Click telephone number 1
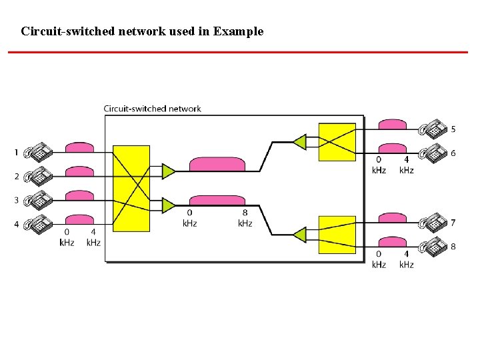pyautogui.click(x=38, y=153)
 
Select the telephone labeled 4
pyautogui.click(x=38, y=225)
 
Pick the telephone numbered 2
pyautogui.click(x=38, y=177)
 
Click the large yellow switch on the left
pyautogui.click(x=131, y=189)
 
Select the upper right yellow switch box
pyautogui.click(x=337, y=142)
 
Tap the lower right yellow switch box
pyautogui.click(x=337, y=235)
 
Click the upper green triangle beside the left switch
pyautogui.click(x=168, y=171)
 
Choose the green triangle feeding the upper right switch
pyautogui.click(x=299, y=141)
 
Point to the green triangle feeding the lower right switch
pyautogui.click(x=299, y=234)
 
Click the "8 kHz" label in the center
pyautogui.click(x=245, y=218)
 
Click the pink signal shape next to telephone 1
pyautogui.click(x=79, y=147)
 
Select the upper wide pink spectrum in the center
pyautogui.click(x=217, y=165)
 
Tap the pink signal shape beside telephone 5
pyautogui.click(x=392, y=125)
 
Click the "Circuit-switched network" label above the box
pyautogui.click(x=152, y=109)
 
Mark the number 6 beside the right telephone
pyautogui.click(x=453, y=153)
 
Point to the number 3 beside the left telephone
pyautogui.click(x=16, y=200)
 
